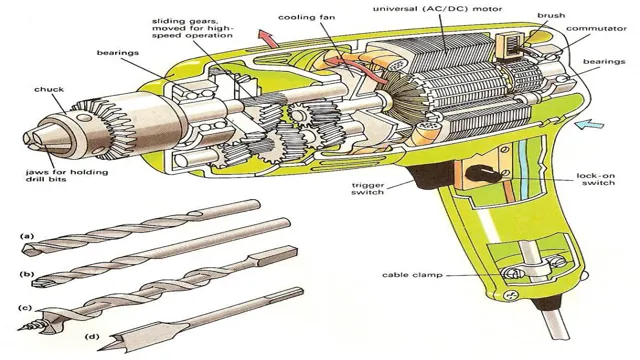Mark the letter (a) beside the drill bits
[27, 237]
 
